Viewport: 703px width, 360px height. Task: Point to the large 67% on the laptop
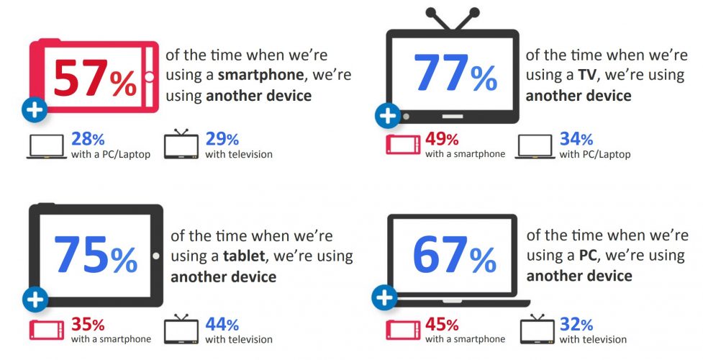pyautogui.click(x=454, y=256)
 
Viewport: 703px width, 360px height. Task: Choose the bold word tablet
pyautogui.click(x=243, y=256)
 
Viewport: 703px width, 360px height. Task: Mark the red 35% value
pyautogui.click(x=88, y=324)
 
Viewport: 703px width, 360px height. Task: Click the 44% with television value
pyautogui.click(x=222, y=324)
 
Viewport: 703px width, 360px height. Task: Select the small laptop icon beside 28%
pyautogui.click(x=45, y=146)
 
